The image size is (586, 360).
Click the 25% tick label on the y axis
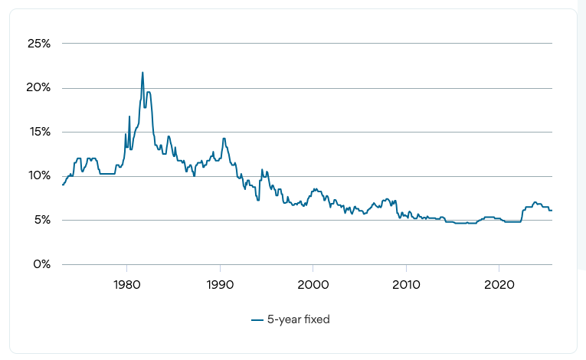click(39, 44)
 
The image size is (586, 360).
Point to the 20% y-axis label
click(39, 88)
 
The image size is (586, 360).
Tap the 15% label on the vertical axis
click(39, 132)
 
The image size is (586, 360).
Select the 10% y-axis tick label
click(39, 176)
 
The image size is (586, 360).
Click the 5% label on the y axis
click(42, 221)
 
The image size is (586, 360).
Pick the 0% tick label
click(42, 264)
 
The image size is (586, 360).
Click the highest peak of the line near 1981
click(142, 73)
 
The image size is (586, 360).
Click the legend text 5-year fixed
click(298, 319)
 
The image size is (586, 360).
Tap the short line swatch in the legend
click(257, 320)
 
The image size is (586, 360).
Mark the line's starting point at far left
click(62, 185)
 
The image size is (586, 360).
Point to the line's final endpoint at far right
click(552, 210)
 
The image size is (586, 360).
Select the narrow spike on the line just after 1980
click(129, 116)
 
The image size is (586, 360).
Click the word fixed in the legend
click(316, 319)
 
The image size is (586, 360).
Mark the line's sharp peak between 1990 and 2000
click(262, 170)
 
